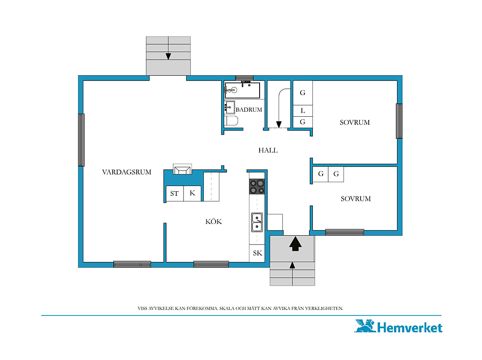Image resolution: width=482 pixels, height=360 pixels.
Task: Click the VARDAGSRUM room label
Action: [x=127, y=172]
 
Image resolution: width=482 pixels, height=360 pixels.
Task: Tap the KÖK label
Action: [x=214, y=221]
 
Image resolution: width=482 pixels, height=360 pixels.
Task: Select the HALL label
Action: [x=268, y=150]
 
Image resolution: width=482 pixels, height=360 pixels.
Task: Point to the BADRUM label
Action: [x=249, y=110]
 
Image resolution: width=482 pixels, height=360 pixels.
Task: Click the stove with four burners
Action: [x=257, y=187]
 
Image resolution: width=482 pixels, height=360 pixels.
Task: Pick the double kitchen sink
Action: [x=257, y=222]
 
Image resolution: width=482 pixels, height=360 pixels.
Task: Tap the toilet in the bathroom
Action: [x=231, y=121]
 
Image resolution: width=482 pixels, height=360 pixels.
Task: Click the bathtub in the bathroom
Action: [x=242, y=90]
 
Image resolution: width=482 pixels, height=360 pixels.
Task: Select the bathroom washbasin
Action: [x=229, y=107]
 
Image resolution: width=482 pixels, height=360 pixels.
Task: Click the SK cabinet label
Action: [x=257, y=253]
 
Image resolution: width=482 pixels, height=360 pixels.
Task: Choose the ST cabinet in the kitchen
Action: [x=175, y=194]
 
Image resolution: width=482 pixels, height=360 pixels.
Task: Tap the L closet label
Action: [x=303, y=110]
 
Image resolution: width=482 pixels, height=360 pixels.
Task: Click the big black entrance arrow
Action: [x=296, y=243]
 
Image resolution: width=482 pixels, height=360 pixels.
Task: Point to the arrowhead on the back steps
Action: [x=168, y=56]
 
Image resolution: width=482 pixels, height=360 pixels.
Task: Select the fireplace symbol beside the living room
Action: [x=182, y=169]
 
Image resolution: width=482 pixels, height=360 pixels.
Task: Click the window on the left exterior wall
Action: [x=82, y=140]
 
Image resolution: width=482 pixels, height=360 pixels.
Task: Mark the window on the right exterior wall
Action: [x=399, y=121]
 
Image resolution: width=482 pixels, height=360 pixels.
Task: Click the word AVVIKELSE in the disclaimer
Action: [x=161, y=308]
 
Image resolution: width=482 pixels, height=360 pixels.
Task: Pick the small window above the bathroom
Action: [x=244, y=78]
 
